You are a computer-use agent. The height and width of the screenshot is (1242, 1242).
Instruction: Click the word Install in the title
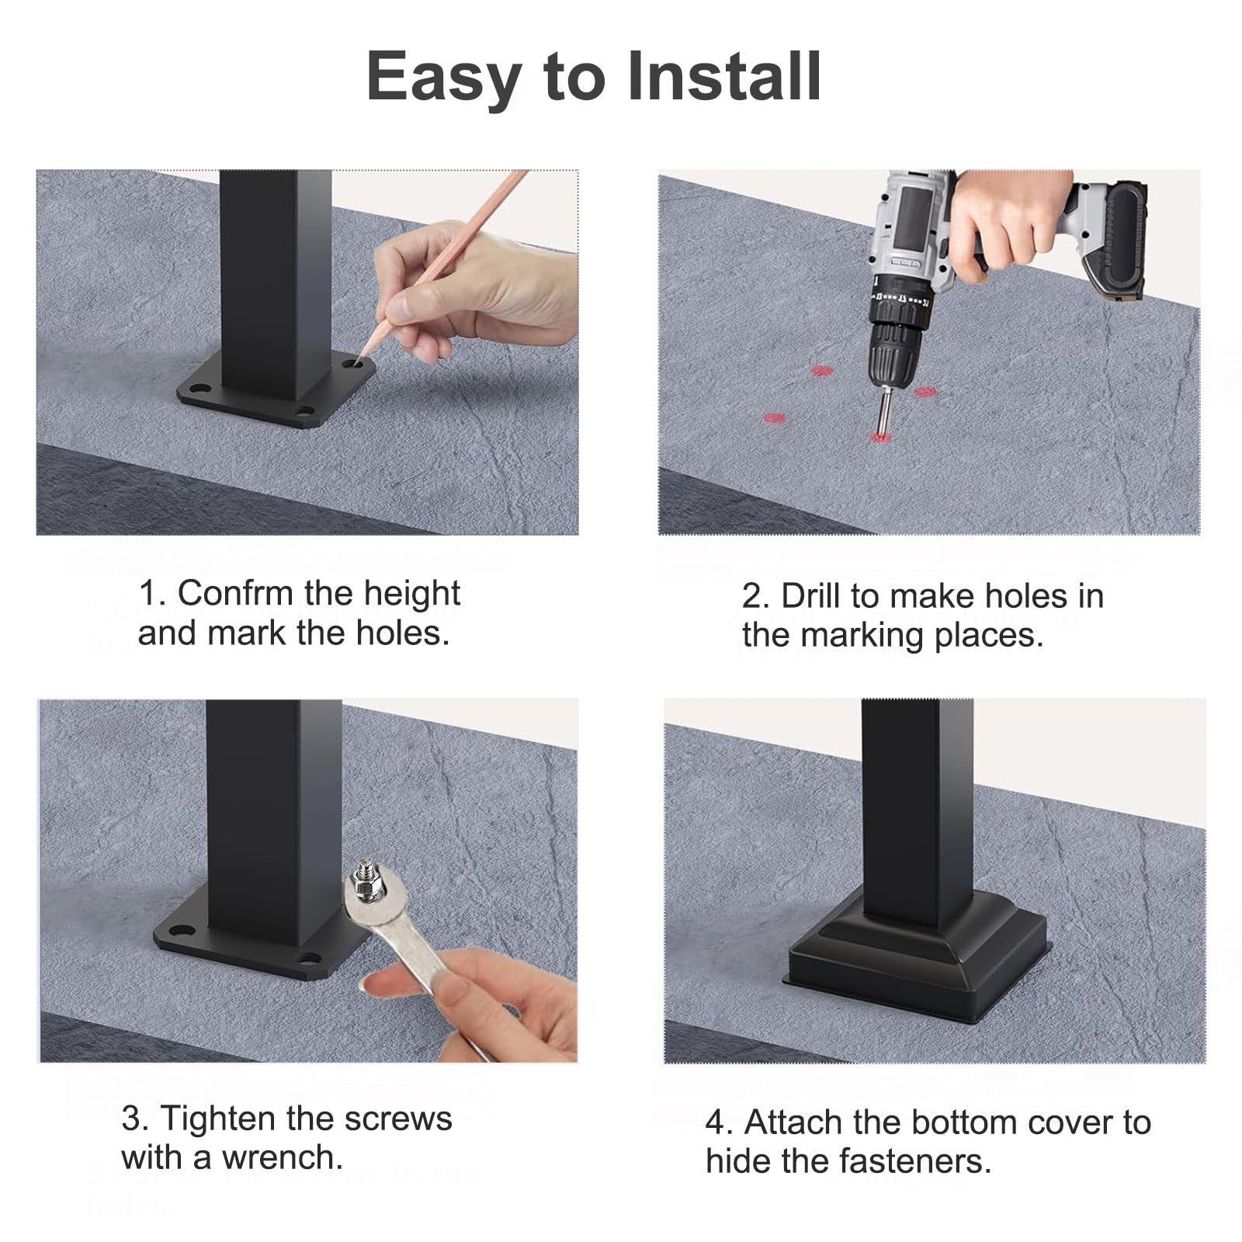(723, 75)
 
